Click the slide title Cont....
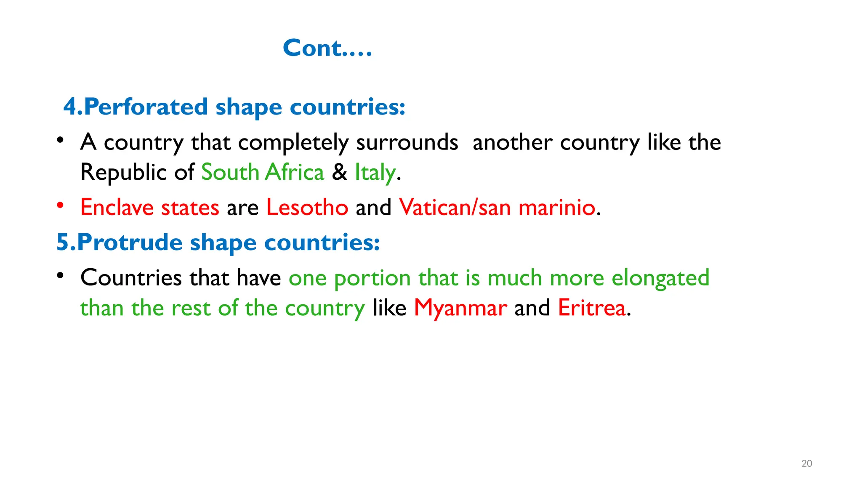coord(327,48)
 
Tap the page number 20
coord(806,464)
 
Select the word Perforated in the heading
coord(146,107)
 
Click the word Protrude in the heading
coord(130,242)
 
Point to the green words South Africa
coord(263,172)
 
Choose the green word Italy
coord(375,173)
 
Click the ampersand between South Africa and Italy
coord(340,172)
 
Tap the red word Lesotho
coord(307,208)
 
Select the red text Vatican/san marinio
coord(497,208)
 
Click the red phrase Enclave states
coord(150,208)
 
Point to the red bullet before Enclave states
coord(61,205)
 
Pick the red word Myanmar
coord(460,308)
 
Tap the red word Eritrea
coord(592,308)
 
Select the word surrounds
coord(407,143)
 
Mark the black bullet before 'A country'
coord(61,140)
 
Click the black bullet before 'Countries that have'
coord(61,275)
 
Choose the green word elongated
coord(660,278)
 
